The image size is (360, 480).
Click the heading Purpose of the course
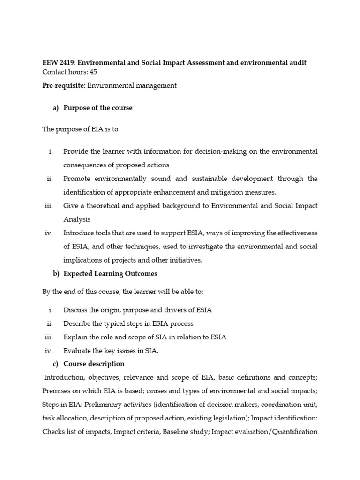(98, 108)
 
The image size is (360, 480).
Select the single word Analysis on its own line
(77, 219)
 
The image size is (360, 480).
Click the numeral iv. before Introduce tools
(49, 233)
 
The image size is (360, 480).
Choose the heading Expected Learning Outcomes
(111, 273)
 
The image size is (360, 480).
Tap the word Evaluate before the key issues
(78, 351)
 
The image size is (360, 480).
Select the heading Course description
(94, 364)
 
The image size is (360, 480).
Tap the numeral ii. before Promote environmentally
(51, 179)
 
